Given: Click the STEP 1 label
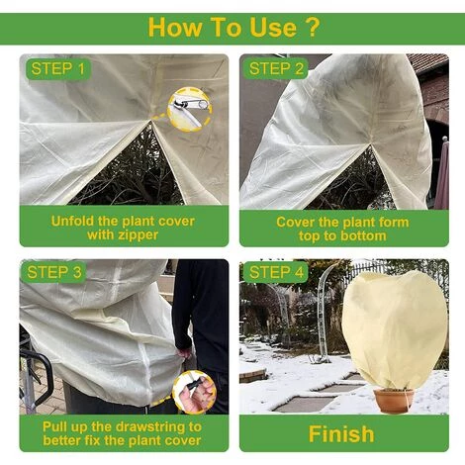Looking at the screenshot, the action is point(58,69).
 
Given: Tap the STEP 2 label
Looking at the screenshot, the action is point(276,69).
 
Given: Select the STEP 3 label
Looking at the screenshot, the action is point(54,272).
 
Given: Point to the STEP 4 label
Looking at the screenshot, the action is point(276,272).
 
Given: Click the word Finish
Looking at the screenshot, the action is point(341,433).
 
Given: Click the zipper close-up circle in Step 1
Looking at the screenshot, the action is point(190,109).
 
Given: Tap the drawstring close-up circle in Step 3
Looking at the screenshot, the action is point(195,392).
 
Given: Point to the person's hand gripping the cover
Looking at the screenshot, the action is point(183,353).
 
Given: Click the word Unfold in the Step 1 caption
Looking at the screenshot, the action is point(72,221).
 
